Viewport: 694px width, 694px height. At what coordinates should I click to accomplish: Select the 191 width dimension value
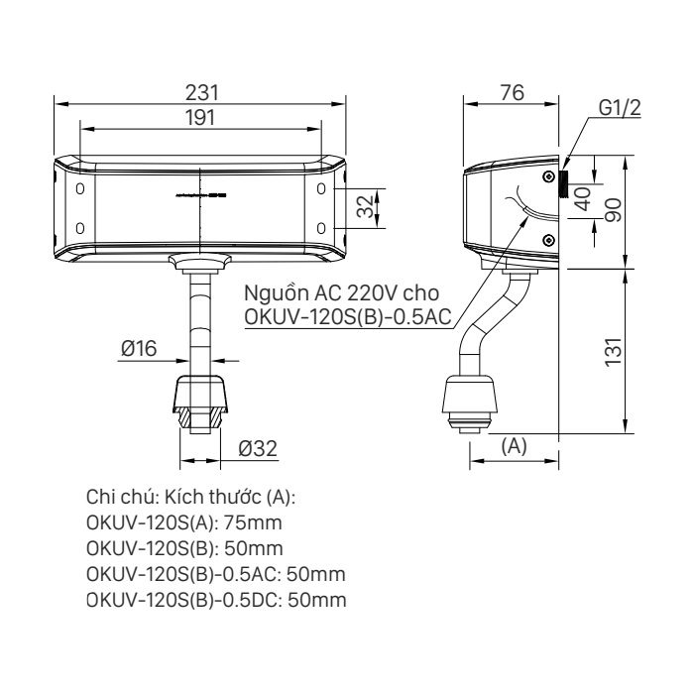tap(202, 117)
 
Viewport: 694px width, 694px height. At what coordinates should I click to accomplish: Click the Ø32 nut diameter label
tap(256, 449)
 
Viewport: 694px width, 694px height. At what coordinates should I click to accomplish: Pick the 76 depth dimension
tap(512, 93)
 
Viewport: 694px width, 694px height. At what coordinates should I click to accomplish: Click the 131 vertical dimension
tap(615, 351)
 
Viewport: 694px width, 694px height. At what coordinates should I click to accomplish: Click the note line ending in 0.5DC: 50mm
tap(216, 600)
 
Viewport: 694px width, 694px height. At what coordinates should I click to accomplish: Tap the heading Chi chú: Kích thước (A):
tap(191, 496)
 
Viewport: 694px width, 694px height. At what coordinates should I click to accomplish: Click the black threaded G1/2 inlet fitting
tap(563, 184)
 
